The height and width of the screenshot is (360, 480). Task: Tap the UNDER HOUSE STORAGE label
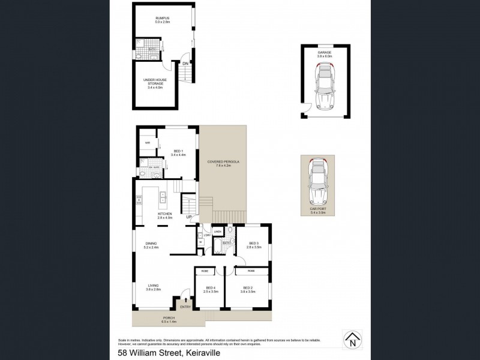(x=155, y=82)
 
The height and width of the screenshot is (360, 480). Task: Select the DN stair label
(x=185, y=63)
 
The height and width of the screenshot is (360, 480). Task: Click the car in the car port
(x=316, y=184)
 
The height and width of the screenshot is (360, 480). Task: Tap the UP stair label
(x=188, y=217)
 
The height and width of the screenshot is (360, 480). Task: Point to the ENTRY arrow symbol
(x=186, y=299)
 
